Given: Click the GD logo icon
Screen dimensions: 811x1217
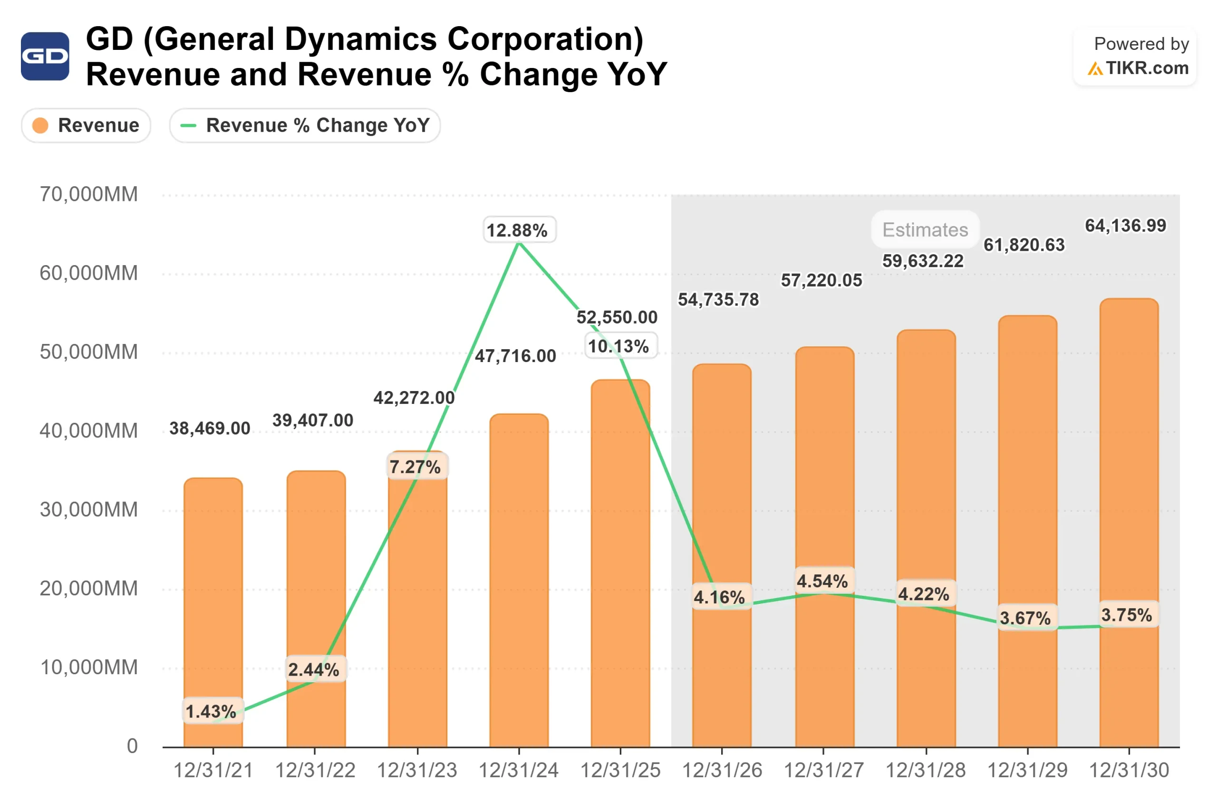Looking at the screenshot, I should (45, 56).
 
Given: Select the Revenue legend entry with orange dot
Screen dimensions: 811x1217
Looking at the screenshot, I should (86, 125).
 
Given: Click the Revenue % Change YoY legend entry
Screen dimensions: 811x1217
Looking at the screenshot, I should (305, 125).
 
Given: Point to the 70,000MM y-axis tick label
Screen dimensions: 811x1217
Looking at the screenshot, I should (89, 194).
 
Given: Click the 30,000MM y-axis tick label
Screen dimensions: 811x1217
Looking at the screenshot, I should (89, 510).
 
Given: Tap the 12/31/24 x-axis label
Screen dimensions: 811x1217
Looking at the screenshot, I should (519, 771).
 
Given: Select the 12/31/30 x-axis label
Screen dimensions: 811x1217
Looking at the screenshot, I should (1129, 771).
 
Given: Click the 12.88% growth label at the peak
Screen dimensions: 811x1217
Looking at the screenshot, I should (517, 230).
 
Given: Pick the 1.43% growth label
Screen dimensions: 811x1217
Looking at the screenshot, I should (211, 712).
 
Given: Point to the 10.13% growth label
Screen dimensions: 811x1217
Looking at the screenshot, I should (619, 346).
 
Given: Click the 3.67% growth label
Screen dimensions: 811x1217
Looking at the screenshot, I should (1025, 618).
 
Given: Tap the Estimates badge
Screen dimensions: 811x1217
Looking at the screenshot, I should (925, 229).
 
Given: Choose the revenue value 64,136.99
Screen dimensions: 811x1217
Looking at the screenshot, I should (1125, 226).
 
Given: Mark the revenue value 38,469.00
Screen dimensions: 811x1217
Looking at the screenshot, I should (210, 428).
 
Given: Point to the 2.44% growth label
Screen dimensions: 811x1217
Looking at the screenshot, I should (314, 670).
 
